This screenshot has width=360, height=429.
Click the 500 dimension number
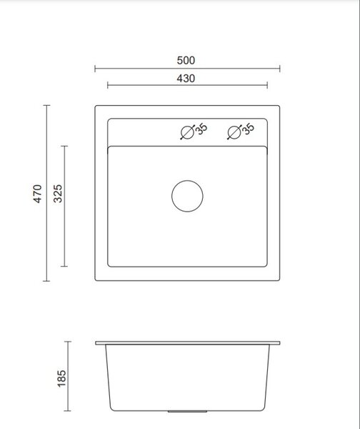coord(186,61)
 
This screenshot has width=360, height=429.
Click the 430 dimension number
coord(186,79)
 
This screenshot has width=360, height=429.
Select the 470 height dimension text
coord(37,194)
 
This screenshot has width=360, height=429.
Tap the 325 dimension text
coord(58,194)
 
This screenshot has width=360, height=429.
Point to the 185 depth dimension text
coord(61,378)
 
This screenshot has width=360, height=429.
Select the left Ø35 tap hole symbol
coord(188,132)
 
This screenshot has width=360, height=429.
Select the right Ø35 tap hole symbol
coord(234,132)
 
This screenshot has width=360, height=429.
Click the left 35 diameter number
coord(201,129)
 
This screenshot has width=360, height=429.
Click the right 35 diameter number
coord(249,129)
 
